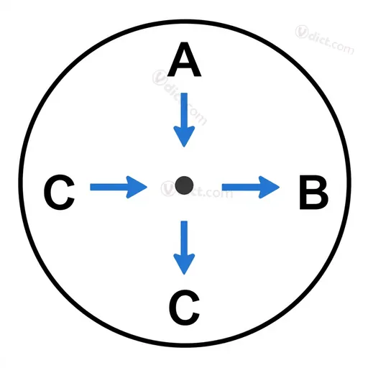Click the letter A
click(184, 59)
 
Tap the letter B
click(314, 193)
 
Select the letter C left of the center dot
click(59, 192)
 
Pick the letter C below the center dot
click(184, 308)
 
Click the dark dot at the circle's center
click(184, 185)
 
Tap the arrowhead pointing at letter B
click(269, 187)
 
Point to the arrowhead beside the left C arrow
click(137, 187)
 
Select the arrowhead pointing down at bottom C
click(184, 264)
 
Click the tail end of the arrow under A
click(184, 93)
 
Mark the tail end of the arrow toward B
click(223, 187)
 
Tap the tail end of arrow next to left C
click(91, 187)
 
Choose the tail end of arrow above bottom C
click(184, 221)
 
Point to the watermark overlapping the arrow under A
click(180, 97)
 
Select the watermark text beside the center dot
click(196, 190)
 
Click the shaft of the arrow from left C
click(109, 187)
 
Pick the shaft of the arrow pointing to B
click(241, 187)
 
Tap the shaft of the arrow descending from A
click(184, 111)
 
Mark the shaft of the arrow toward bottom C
click(184, 239)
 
